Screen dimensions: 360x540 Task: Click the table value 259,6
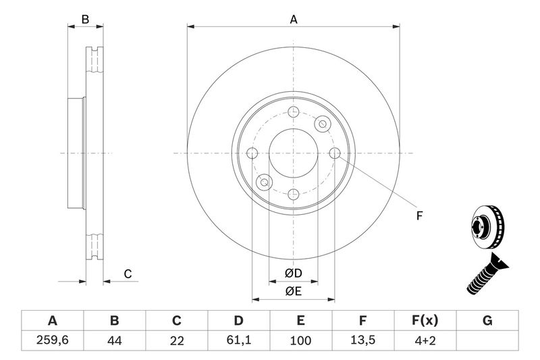click(x=52, y=341)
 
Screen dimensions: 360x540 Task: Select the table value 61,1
click(x=238, y=341)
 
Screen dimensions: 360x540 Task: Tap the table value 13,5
click(x=362, y=341)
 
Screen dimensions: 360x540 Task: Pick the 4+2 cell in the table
click(x=425, y=341)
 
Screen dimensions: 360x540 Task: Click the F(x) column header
click(x=425, y=320)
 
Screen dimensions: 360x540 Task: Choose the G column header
click(x=487, y=320)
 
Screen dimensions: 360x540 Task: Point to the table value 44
click(x=114, y=341)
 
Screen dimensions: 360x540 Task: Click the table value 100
click(x=300, y=341)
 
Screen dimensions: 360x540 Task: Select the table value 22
click(x=177, y=341)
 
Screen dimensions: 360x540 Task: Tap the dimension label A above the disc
click(x=294, y=20)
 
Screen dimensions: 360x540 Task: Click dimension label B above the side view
click(x=85, y=20)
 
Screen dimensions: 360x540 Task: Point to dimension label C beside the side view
click(x=126, y=274)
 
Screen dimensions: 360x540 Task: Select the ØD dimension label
click(x=293, y=273)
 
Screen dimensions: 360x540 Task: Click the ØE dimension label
click(x=293, y=291)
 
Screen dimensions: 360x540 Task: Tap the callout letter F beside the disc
click(x=418, y=216)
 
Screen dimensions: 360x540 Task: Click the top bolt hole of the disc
click(x=293, y=112)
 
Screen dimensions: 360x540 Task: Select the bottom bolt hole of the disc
click(x=293, y=195)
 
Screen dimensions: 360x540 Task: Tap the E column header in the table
click(x=300, y=320)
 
